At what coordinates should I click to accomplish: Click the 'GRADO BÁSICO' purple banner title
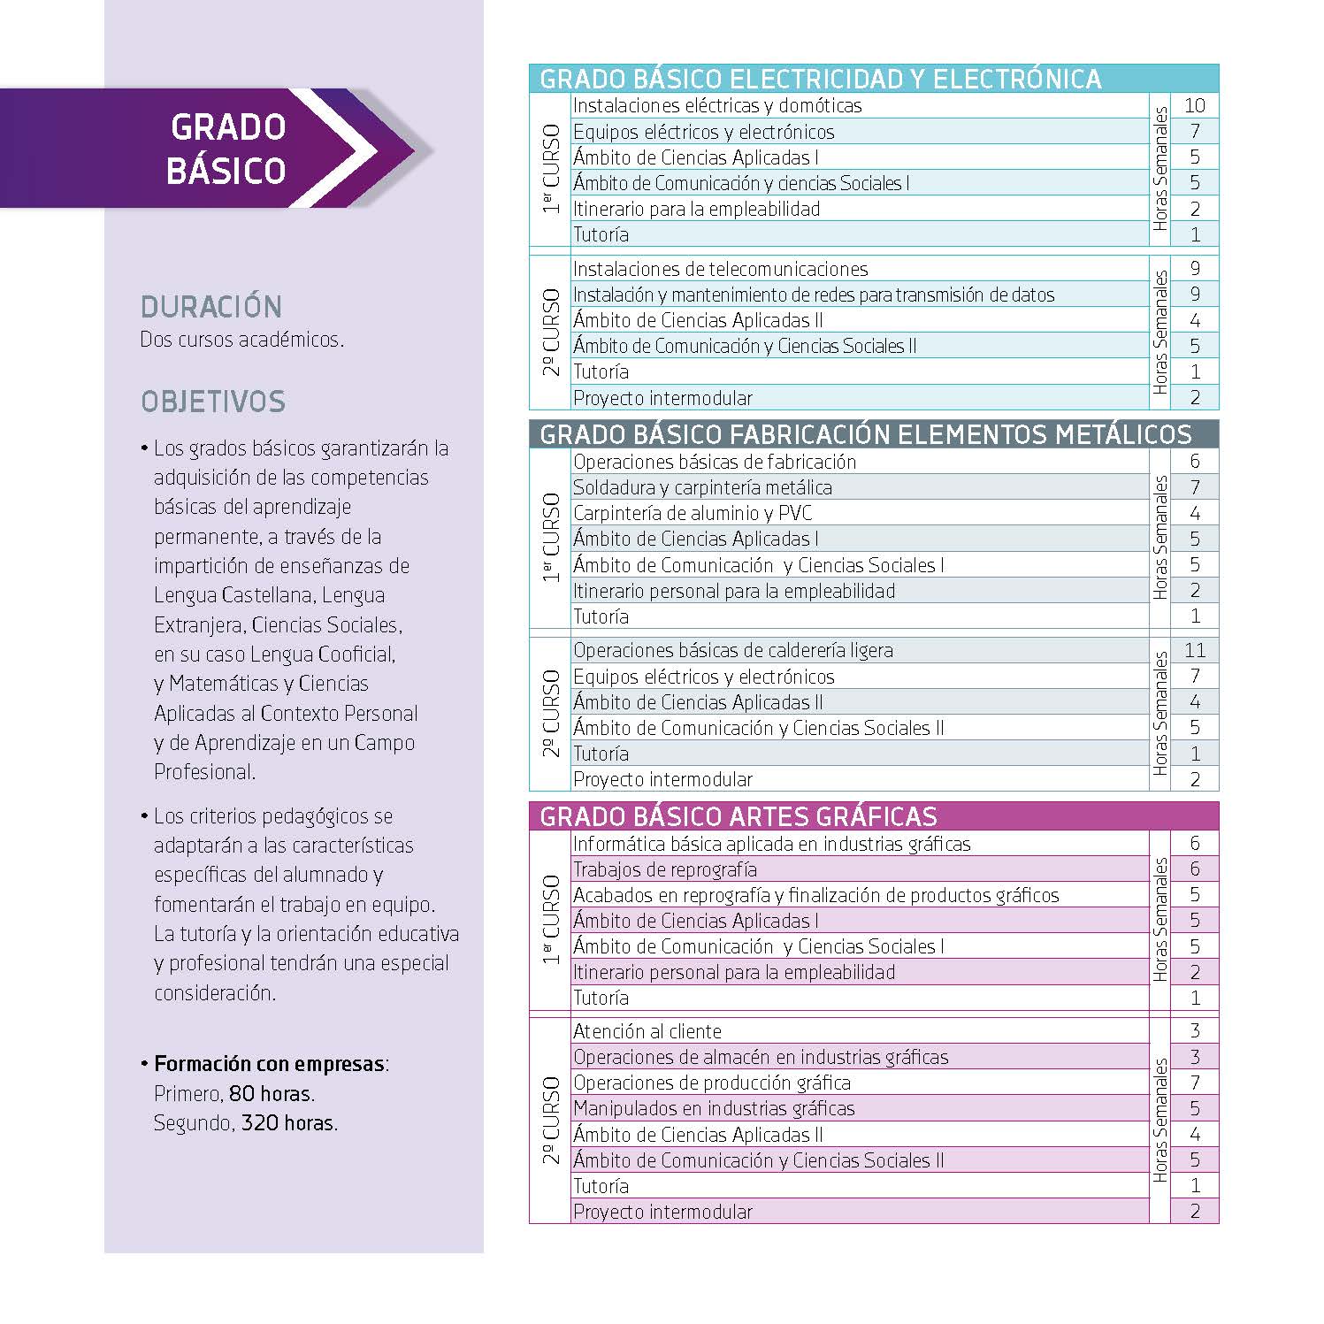coord(227,149)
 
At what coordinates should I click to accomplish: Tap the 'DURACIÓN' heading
coord(210,307)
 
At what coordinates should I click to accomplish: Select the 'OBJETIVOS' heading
coord(213,402)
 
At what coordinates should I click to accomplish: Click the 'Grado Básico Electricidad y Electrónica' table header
coord(820,79)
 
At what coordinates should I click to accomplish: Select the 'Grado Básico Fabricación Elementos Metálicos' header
coord(865,434)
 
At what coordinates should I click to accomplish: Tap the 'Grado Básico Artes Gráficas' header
coord(738,815)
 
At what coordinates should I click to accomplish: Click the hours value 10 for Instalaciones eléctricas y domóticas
coord(1194,105)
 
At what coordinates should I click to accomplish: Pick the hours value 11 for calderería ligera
coord(1194,650)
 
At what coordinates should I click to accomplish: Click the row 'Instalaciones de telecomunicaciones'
coord(720,269)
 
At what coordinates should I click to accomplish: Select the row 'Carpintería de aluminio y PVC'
coord(692,513)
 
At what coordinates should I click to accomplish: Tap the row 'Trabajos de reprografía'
coord(664,869)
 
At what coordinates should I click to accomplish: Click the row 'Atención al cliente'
coord(647,1031)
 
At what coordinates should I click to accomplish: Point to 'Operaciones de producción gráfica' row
coord(711,1083)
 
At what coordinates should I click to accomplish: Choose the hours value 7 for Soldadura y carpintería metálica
coord(1194,487)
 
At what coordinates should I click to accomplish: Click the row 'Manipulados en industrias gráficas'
coord(713,1108)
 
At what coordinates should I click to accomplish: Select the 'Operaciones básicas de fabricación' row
coord(714,462)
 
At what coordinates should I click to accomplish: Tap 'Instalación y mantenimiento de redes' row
coord(813,295)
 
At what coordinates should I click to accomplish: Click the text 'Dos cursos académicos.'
coord(241,340)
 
